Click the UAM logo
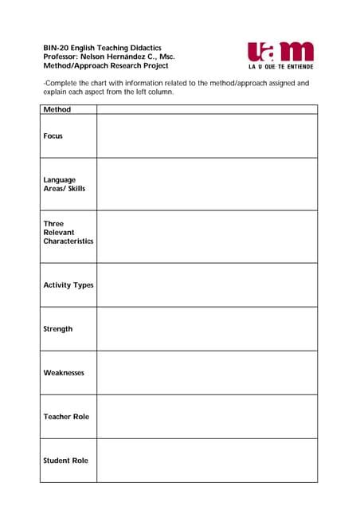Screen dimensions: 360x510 pos(280,52)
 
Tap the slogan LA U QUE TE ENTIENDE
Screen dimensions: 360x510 pos(280,67)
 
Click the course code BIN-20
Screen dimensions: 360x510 pos(56,48)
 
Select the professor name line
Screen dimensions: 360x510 pos(109,57)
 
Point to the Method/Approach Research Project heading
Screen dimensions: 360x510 pos(105,65)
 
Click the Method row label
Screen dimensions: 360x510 pos(57,109)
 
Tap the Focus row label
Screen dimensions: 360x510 pos(53,136)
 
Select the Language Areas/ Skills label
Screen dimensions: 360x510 pos(64,184)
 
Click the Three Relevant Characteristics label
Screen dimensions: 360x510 pos(68,233)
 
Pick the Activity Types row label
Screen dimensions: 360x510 pos(68,284)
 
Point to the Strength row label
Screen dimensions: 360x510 pos(58,328)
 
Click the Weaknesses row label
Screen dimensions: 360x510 pos(64,372)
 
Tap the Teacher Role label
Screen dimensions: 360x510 pos(66,416)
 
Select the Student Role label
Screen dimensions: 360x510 pos(66,460)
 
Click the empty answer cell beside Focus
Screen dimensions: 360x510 pos(207,136)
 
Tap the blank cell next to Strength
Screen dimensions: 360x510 pos(207,328)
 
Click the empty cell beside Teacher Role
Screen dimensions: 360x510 pos(207,416)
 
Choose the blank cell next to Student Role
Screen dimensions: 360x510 pos(207,460)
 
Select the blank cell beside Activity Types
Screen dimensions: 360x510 pos(207,284)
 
